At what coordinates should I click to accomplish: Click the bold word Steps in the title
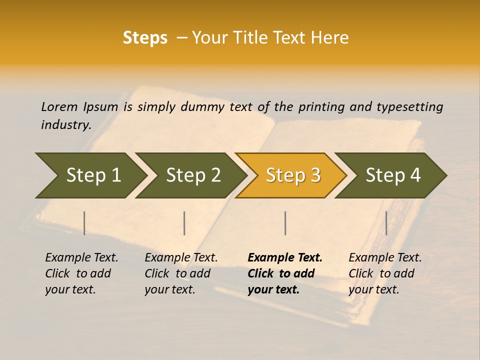pyautogui.click(x=145, y=38)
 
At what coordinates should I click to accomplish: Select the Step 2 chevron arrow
pyautogui.click(x=192, y=175)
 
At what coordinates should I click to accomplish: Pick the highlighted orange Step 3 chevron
pyautogui.click(x=292, y=175)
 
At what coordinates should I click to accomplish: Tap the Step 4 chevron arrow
pyautogui.click(x=392, y=175)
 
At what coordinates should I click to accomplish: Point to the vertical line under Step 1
pyautogui.click(x=84, y=223)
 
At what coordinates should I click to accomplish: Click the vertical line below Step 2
pyautogui.click(x=184, y=223)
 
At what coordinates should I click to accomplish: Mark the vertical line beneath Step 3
pyautogui.click(x=285, y=223)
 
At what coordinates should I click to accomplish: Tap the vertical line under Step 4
pyautogui.click(x=386, y=223)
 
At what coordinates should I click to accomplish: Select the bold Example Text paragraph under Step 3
pyautogui.click(x=284, y=273)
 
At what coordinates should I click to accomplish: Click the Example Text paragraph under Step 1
pyautogui.click(x=81, y=273)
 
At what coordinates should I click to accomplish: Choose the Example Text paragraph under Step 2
pyautogui.click(x=181, y=273)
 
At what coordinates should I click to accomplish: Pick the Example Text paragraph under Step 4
pyautogui.click(x=385, y=273)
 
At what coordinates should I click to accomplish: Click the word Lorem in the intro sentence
pyautogui.click(x=59, y=106)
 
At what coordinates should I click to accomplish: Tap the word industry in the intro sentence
pyautogui.click(x=65, y=125)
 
